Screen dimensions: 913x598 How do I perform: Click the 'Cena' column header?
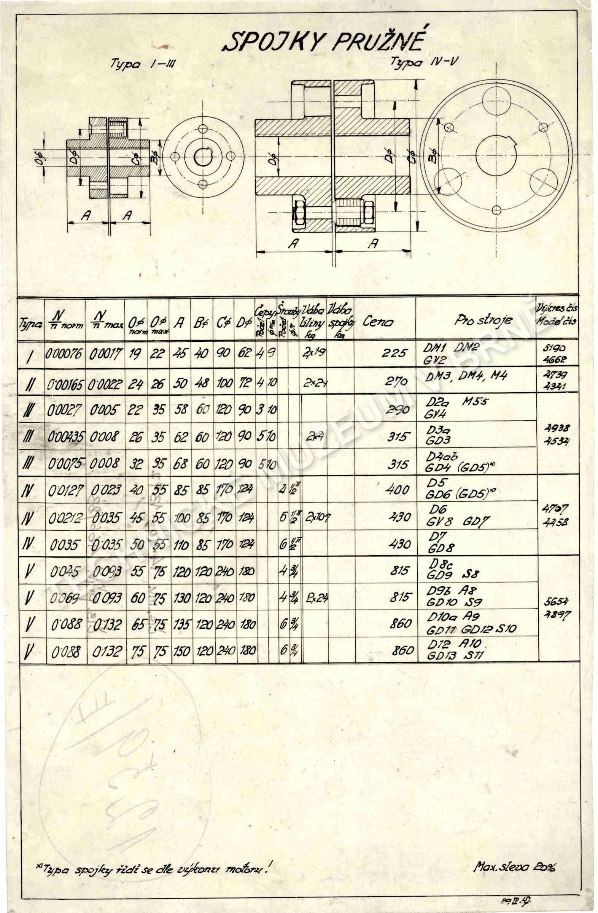pos(378,322)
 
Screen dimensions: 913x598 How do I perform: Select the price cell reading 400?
pos(397,490)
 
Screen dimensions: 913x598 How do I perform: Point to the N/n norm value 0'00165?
pos(65,385)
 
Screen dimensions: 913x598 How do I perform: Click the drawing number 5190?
pos(555,348)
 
